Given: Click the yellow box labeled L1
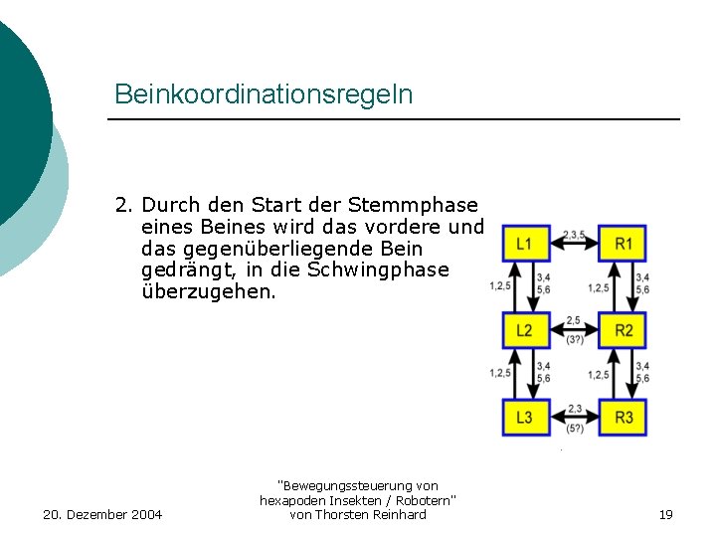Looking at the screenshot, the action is pyautogui.click(x=524, y=243).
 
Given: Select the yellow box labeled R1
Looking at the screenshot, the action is pyautogui.click(x=624, y=243).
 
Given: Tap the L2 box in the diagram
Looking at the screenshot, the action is pyautogui.click(x=524, y=330).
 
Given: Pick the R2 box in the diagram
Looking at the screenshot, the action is pyautogui.click(x=624, y=330).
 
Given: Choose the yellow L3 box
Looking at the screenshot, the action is pyautogui.click(x=524, y=417).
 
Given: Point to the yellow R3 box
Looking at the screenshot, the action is pyautogui.click(x=624, y=417).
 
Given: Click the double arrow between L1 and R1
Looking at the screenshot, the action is pyautogui.click(x=574, y=244).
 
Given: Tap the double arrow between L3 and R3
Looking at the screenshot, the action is pyautogui.click(x=574, y=418).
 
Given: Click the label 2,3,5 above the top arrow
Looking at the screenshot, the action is pyautogui.click(x=575, y=235).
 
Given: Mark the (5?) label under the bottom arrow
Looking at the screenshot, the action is pyautogui.click(x=575, y=429).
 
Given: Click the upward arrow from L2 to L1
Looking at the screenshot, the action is pyautogui.click(x=515, y=286).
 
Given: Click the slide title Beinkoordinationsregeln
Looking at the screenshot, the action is pyautogui.click(x=264, y=94).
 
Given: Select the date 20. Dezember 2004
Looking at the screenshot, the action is pyautogui.click(x=103, y=514).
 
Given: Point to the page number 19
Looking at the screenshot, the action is pyautogui.click(x=666, y=514).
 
